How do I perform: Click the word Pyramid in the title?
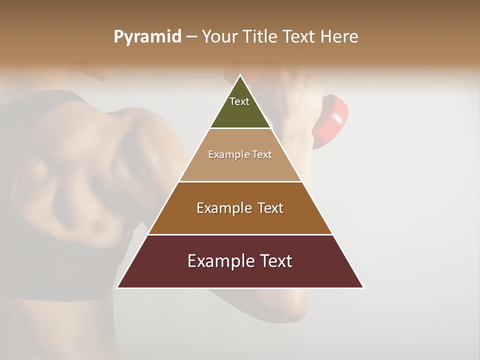click(147, 37)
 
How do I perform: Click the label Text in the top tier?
click(239, 101)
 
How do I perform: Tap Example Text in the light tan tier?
click(240, 154)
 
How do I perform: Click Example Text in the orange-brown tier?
click(240, 208)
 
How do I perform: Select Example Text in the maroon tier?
click(240, 261)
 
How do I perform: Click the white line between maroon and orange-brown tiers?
click(240, 234)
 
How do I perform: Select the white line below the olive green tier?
click(240, 128)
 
